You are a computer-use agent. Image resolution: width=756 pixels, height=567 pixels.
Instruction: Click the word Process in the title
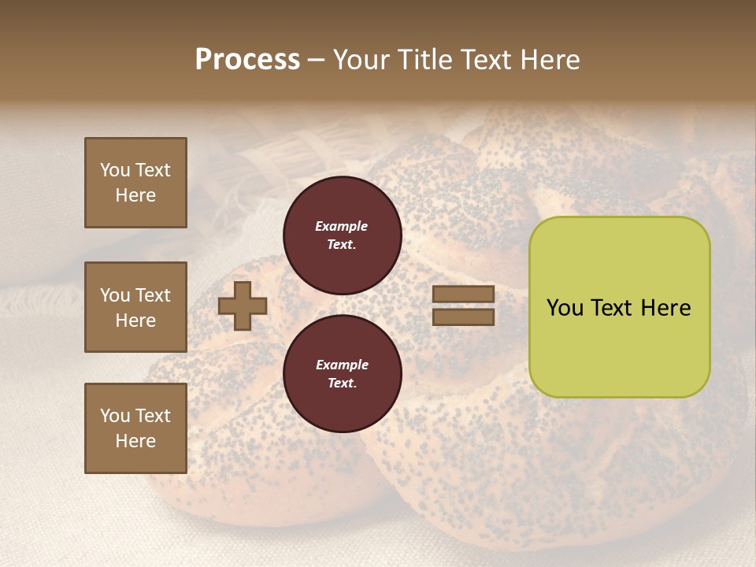point(247,60)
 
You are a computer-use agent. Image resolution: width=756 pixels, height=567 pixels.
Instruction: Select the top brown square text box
point(135,183)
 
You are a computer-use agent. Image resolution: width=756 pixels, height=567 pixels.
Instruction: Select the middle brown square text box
point(135,307)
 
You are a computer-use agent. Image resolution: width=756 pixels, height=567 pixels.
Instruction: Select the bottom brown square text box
point(135,428)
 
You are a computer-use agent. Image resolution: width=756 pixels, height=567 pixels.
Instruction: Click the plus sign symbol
point(243,306)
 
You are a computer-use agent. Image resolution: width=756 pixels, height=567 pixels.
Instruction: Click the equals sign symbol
point(464,306)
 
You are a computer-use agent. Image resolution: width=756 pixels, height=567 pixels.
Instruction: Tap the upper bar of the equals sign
point(464,295)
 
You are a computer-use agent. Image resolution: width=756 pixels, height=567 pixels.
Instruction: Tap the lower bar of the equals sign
point(464,317)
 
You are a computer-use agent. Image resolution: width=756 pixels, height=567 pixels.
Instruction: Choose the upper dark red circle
point(342,235)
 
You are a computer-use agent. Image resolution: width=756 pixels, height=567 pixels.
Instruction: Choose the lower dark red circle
point(342,373)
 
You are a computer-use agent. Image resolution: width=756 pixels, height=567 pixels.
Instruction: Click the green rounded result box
point(619,307)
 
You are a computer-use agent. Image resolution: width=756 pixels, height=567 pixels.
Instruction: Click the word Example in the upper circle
point(342,226)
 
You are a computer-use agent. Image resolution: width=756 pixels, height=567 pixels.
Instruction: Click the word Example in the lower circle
point(342,365)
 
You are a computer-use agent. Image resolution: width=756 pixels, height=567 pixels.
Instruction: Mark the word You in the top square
point(114,170)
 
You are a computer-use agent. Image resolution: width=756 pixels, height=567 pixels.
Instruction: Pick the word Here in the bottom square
point(135,441)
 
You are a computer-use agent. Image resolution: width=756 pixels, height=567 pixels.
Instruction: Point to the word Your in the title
point(363,60)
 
